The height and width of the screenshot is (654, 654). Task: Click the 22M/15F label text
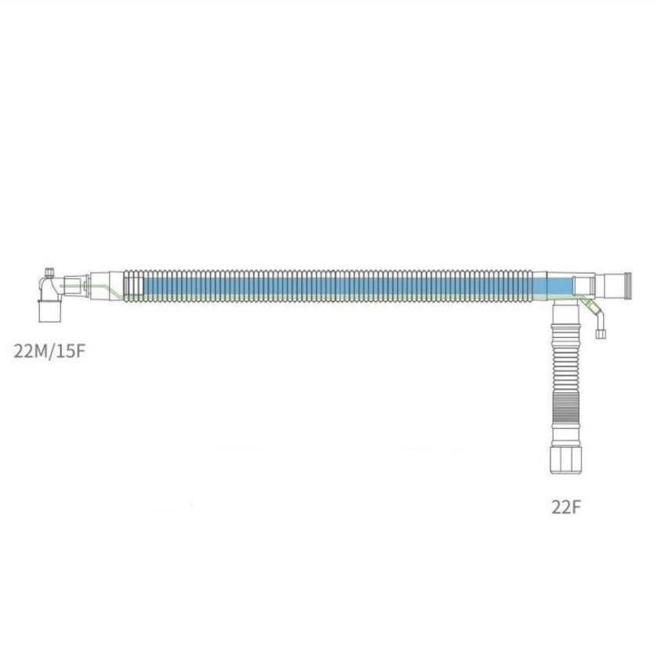coord(49,350)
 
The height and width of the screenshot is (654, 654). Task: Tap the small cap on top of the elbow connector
coord(49,271)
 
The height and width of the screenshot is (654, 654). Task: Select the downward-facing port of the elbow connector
coord(50,311)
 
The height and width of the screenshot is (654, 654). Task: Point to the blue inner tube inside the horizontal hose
coord(329,286)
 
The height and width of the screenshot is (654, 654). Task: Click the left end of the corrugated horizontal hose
coord(129,286)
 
